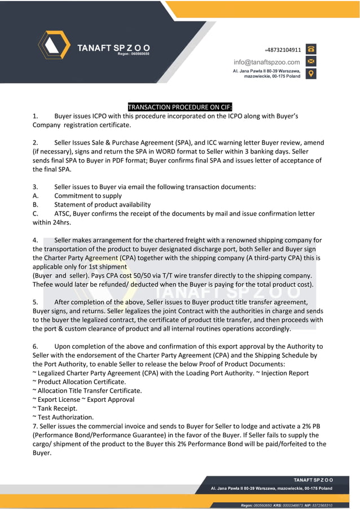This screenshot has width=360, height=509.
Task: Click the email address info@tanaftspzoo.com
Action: click(x=267, y=62)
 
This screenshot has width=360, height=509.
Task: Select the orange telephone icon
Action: click(x=311, y=49)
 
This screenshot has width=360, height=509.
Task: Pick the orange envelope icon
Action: click(x=311, y=61)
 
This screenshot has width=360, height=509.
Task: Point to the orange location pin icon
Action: click(x=311, y=73)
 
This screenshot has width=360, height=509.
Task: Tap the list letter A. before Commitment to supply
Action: click(x=36, y=196)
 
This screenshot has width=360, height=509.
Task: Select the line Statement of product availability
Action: click(x=102, y=204)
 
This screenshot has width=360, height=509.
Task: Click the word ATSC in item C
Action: click(x=63, y=213)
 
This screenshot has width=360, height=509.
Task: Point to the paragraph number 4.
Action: click(x=36, y=240)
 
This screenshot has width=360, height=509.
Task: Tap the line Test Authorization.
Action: click(x=65, y=417)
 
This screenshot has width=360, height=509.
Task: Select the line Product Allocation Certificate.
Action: click(x=81, y=381)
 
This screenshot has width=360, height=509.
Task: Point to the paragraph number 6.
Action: click(x=36, y=346)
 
